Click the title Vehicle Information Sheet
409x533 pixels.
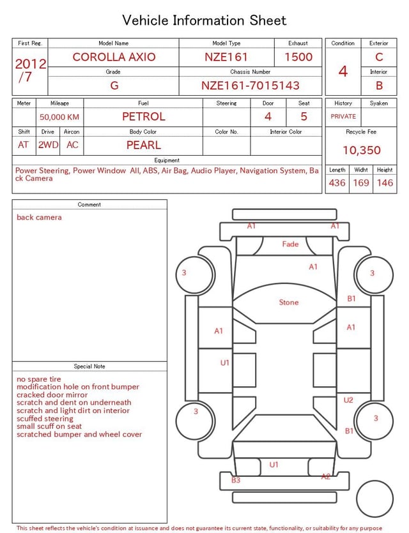click(204, 20)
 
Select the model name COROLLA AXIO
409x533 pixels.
click(114, 57)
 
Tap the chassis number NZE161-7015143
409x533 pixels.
click(250, 86)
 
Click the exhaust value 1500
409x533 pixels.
click(298, 57)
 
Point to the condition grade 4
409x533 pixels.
click(343, 71)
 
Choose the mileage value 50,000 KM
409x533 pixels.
click(59, 117)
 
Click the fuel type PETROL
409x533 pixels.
click(143, 116)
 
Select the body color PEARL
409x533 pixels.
click(143, 145)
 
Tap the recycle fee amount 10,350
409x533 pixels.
click(361, 150)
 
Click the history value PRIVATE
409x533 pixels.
click(343, 116)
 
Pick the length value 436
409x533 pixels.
click(337, 183)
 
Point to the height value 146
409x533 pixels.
click(385, 183)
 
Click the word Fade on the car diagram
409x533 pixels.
click(290, 244)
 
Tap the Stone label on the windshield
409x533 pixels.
click(289, 302)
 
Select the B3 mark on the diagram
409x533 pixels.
click(236, 480)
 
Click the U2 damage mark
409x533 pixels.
click(348, 400)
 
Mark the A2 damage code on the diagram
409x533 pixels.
click(326, 476)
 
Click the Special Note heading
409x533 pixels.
click(89, 366)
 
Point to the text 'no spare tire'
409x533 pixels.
click(39, 379)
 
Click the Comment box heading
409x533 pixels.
click(89, 205)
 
